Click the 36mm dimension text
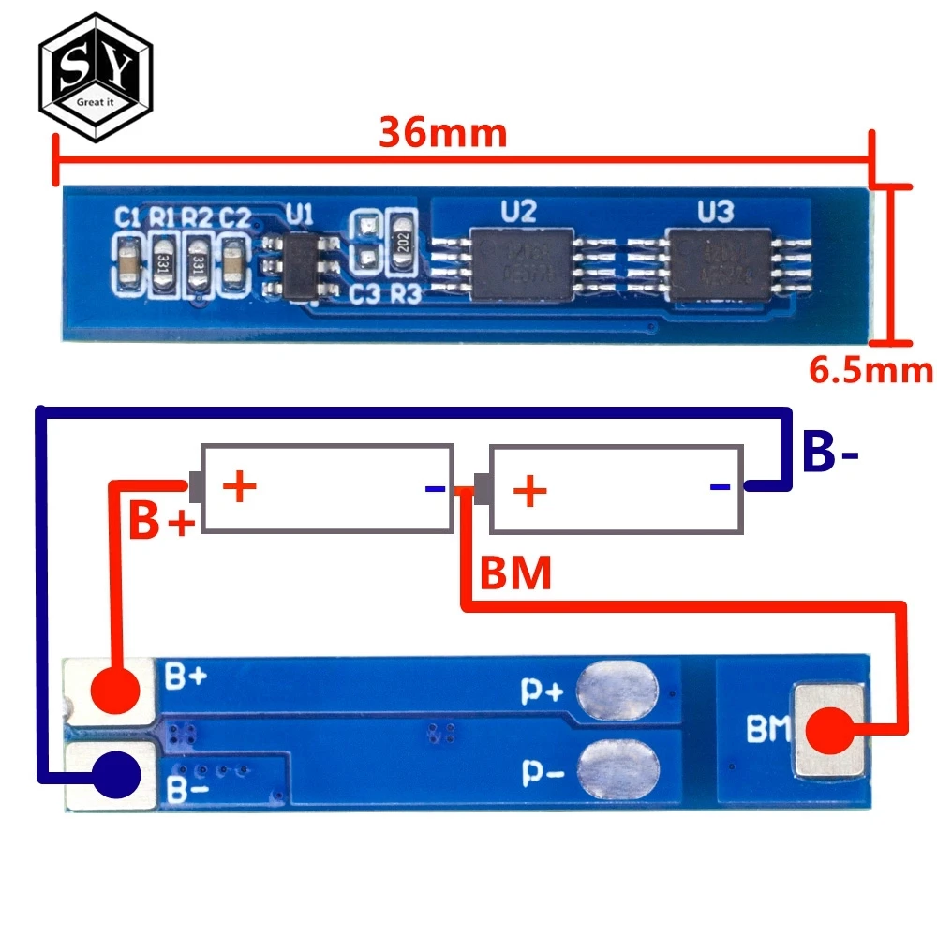pos(442,133)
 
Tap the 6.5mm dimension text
pos(870,370)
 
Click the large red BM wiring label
pos(515,573)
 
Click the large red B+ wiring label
pos(161,523)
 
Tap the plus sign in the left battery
pos(240,487)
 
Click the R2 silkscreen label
pos(197,217)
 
